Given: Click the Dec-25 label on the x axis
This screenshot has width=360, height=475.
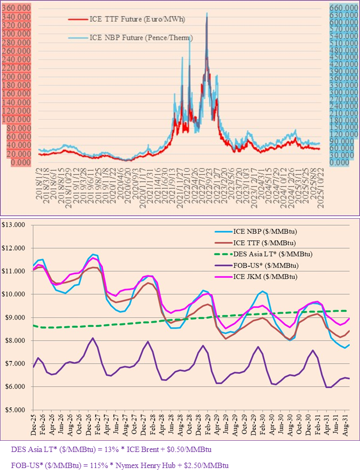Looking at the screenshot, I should pos(35,423).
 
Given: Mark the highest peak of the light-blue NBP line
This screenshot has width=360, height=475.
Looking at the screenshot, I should pos(206,13).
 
